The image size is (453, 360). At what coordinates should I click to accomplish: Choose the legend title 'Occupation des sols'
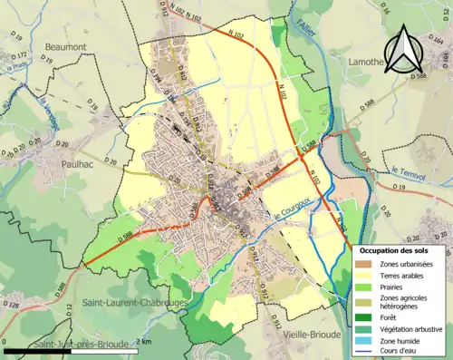pos(400,249)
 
